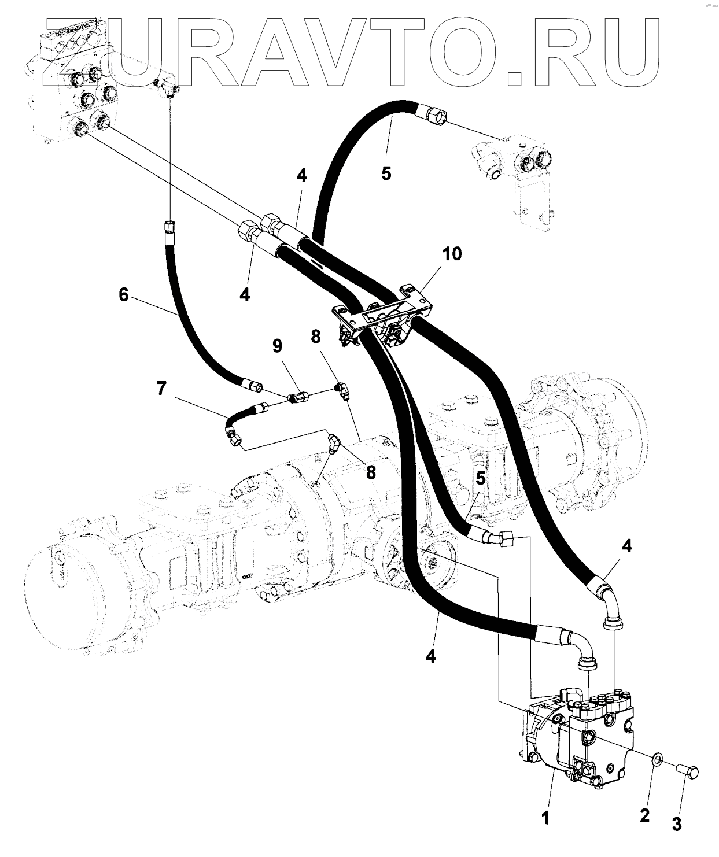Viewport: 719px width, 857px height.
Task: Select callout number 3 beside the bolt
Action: pyautogui.click(x=677, y=824)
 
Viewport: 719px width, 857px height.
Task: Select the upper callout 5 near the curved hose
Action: pyautogui.click(x=386, y=173)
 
